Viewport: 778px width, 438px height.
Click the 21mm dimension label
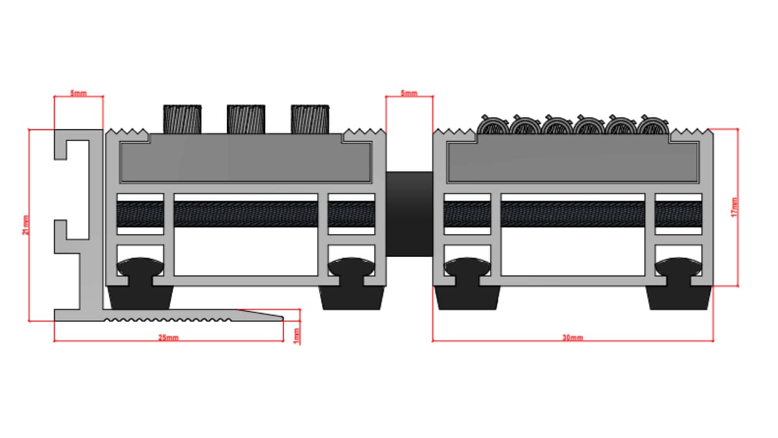pos(25,225)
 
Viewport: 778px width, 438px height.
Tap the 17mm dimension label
pos(734,206)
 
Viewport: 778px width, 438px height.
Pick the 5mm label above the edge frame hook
pos(78,93)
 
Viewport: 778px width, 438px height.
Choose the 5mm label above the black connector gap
pos(409,93)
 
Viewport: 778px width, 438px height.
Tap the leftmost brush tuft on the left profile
pos(182,119)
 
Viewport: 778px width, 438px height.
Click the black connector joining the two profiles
pos(409,214)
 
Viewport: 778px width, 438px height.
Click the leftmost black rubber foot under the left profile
pos(139,297)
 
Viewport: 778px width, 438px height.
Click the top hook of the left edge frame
pos(68,146)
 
